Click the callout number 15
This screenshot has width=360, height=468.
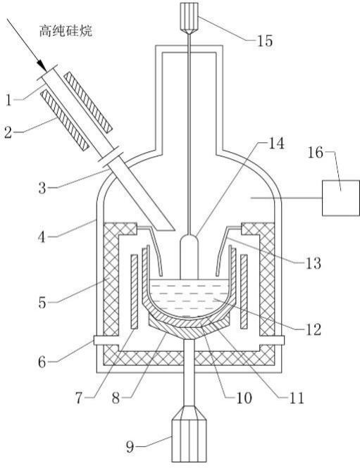265,41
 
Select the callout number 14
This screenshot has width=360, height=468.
276,144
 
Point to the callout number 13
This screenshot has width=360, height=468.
313,263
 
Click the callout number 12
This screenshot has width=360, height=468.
313,329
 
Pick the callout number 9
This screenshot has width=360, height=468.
130,447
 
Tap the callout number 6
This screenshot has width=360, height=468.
42,362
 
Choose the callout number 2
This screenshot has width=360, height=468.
8,132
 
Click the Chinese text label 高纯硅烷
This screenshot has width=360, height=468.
66,31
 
